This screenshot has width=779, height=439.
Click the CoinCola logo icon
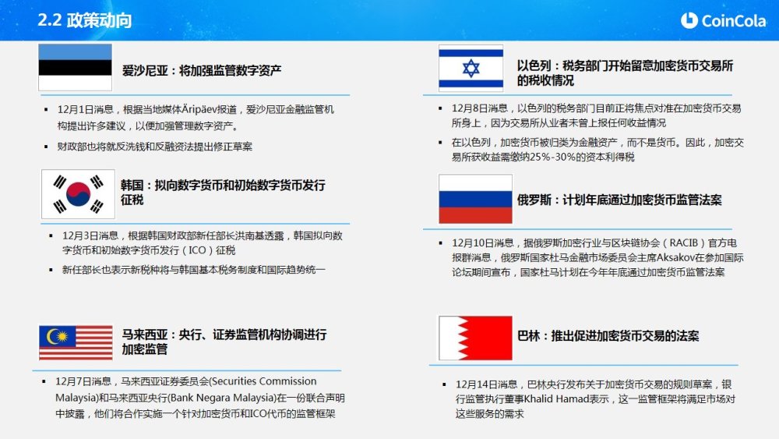click(689, 20)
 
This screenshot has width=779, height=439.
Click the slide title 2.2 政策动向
click(84, 20)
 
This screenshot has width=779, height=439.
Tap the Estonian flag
click(75, 67)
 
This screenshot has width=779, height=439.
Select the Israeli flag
click(471, 68)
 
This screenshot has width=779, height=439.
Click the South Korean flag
click(78, 194)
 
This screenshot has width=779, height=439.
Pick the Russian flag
click(475, 199)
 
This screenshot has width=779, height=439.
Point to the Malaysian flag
click(76, 342)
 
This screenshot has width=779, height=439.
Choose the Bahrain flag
click(475, 338)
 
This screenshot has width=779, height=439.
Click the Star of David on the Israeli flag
click(471, 68)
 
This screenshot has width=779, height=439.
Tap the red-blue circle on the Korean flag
click(78, 194)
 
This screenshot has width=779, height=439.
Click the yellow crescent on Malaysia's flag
click(54, 337)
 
